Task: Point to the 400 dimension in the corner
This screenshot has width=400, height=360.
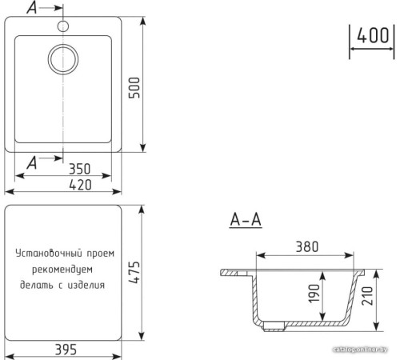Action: [373, 36]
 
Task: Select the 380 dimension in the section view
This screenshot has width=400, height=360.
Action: [305, 247]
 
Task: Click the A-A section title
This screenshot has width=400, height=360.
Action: [246, 219]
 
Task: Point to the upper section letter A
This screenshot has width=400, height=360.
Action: [32, 9]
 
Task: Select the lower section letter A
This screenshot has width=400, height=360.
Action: [32, 162]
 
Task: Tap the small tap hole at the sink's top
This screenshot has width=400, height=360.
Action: [63, 26]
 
